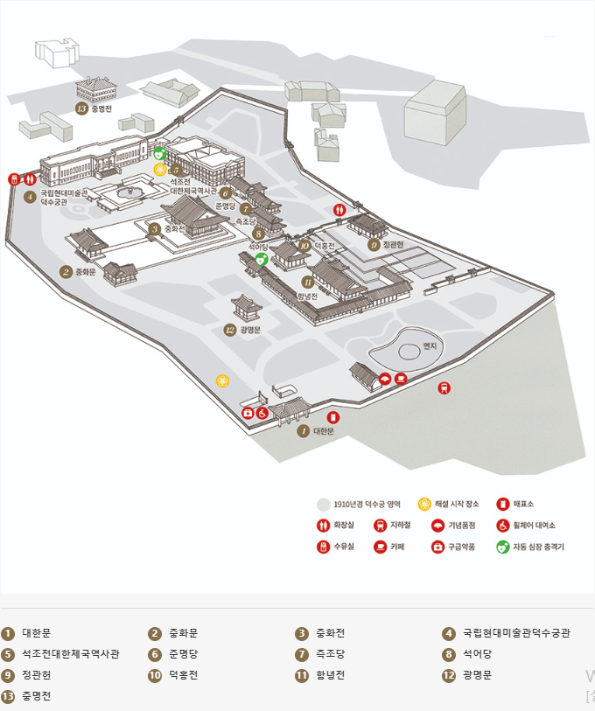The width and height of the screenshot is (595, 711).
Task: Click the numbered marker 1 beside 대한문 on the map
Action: (303, 430)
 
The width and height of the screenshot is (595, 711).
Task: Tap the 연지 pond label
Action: (429, 345)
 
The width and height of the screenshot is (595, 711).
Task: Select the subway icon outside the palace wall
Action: (444, 387)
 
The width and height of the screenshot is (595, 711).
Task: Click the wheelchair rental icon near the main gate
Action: (262, 412)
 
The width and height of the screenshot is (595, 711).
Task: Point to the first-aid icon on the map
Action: (248, 412)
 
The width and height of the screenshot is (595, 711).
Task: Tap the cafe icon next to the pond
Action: (400, 378)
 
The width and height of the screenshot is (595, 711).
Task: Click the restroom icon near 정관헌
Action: (339, 210)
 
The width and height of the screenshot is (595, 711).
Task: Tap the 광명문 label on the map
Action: (249, 330)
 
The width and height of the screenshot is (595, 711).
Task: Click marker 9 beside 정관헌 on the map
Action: (374, 245)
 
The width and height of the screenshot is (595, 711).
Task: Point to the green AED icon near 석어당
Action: (260, 260)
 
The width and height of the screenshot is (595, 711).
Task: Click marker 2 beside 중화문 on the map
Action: (65, 271)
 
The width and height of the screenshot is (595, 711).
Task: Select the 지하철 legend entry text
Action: (401, 526)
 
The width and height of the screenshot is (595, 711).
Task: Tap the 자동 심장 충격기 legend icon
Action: (501, 547)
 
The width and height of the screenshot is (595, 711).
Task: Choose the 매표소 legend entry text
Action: (523, 504)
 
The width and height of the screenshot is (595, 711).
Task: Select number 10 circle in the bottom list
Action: (155, 675)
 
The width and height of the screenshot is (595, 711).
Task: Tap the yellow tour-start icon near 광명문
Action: (222, 381)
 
